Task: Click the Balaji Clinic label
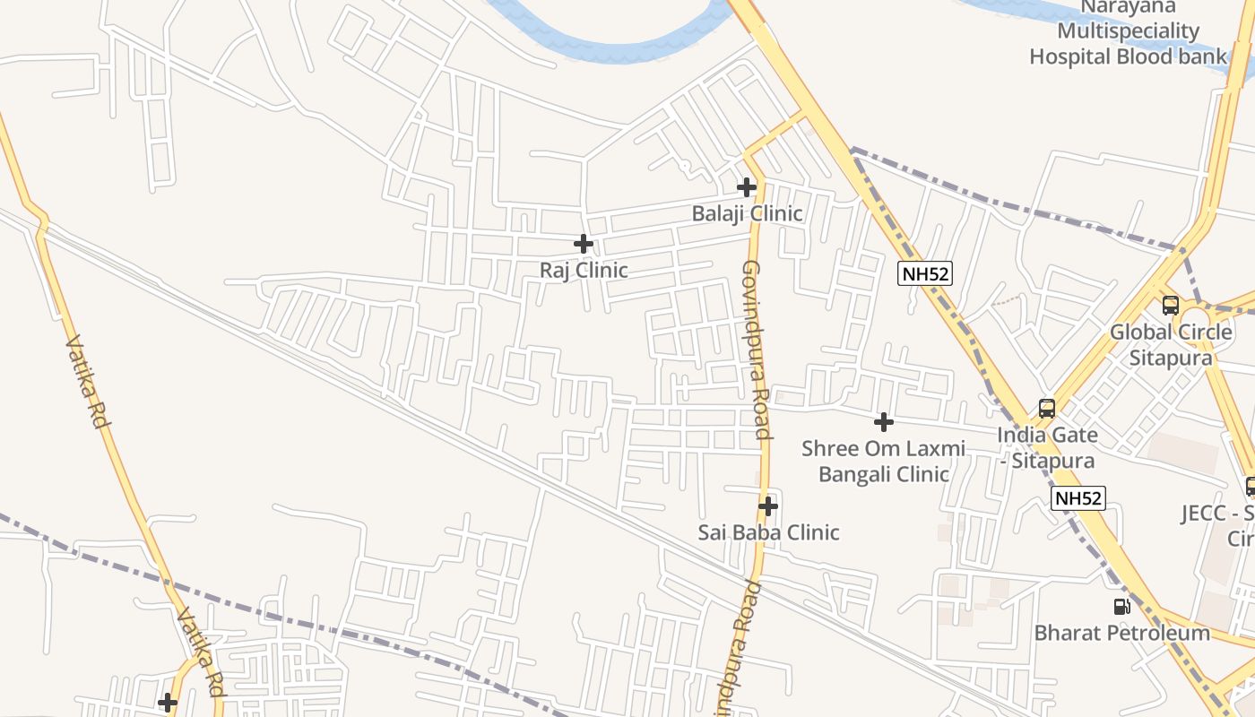tap(747, 214)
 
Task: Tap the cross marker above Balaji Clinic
tap(747, 187)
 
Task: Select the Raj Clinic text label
tap(584, 270)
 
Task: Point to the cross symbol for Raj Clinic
tap(584, 243)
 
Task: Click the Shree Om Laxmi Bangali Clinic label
tap(883, 461)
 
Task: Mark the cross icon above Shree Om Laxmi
tap(884, 421)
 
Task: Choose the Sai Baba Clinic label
tap(768, 532)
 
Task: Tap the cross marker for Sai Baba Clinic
tap(767, 506)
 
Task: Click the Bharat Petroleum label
tap(1121, 633)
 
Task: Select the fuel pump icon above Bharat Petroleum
tap(1121, 607)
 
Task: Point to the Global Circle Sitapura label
tap(1171, 345)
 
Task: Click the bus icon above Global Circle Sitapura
tap(1171, 306)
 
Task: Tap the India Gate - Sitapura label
tap(1047, 448)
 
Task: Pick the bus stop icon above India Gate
tap(1047, 409)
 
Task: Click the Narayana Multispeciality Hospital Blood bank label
tap(1127, 32)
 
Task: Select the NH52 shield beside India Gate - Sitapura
tap(1078, 498)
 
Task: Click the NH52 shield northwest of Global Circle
tap(925, 273)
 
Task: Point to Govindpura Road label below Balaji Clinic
tap(757, 350)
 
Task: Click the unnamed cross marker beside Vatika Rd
tap(168, 703)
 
